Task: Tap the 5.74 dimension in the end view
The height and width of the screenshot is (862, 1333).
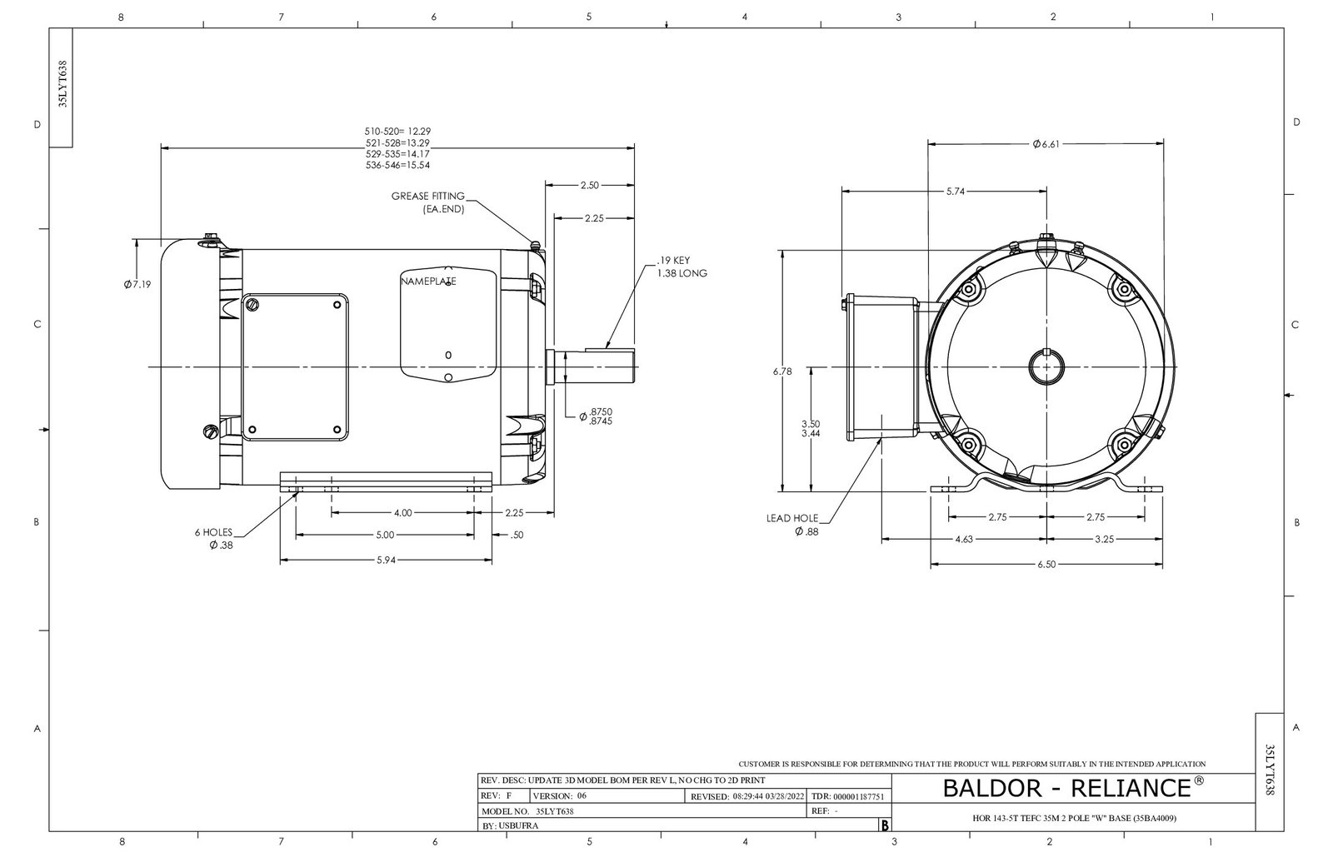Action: [x=956, y=192]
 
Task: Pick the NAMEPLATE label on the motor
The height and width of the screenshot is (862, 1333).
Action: [x=428, y=282]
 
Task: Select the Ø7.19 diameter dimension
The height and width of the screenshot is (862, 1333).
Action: [x=137, y=285]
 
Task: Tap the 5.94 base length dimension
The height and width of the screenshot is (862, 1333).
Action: [x=384, y=561]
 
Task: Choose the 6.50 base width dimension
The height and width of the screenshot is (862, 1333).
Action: [x=1046, y=564]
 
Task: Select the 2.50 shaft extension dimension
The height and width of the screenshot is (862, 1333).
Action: [x=589, y=185]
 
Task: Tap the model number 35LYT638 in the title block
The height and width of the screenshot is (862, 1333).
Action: [x=554, y=810]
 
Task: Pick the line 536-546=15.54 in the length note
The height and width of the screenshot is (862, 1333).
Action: [x=397, y=165]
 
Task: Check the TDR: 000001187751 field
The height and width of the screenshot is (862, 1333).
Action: [x=846, y=796]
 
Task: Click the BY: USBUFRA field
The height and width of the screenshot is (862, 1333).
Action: [x=511, y=826]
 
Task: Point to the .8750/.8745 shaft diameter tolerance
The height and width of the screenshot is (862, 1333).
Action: [x=600, y=416]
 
